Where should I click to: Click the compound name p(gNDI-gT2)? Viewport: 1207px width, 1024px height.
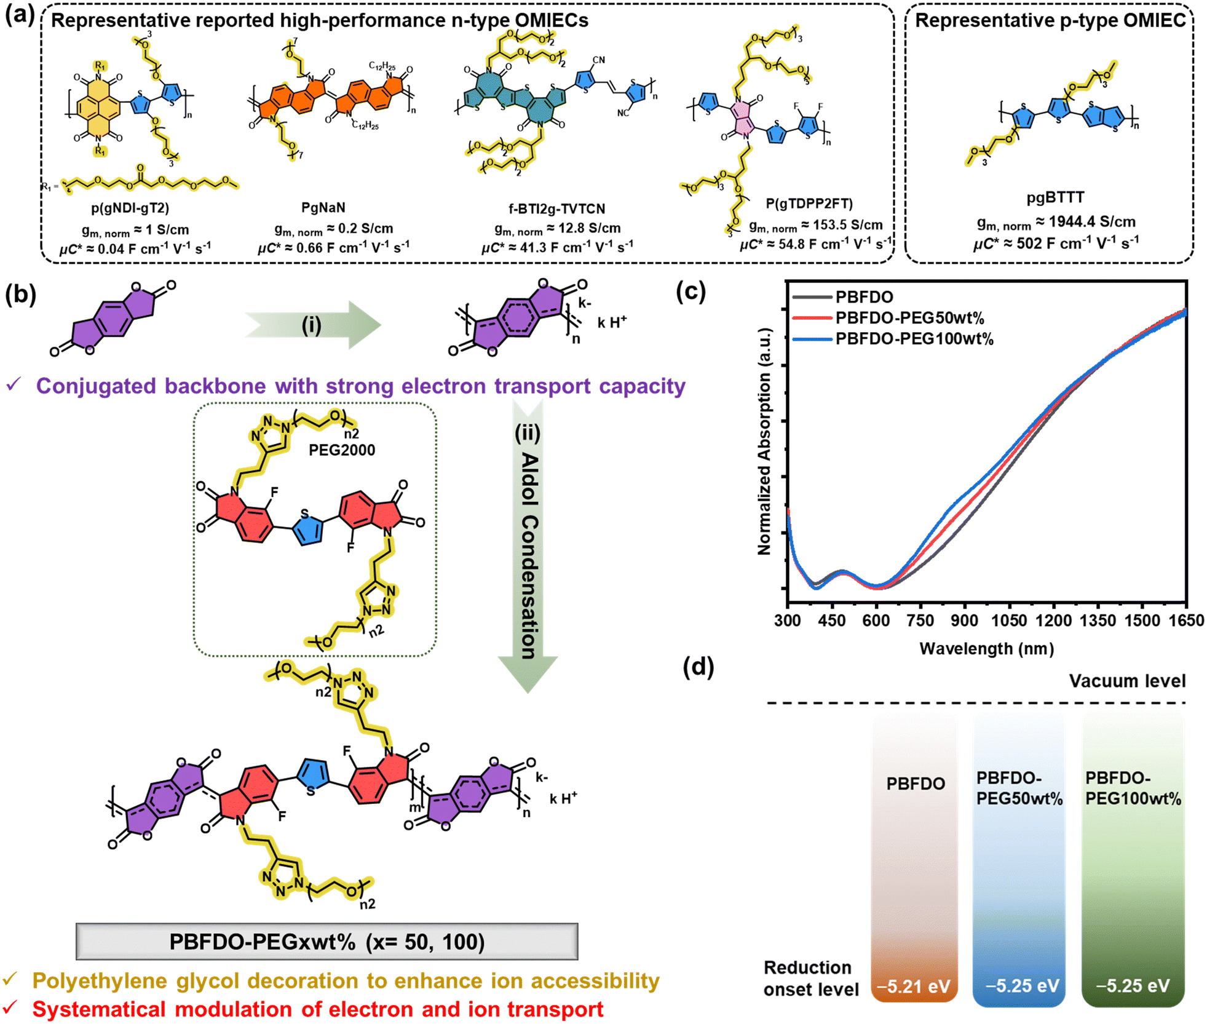[130, 208]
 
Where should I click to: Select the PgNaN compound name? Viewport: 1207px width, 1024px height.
[323, 207]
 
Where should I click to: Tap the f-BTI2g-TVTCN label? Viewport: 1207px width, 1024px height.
[556, 208]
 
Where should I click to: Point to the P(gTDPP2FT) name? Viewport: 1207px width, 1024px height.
[809, 203]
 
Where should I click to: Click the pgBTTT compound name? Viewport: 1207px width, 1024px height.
[1055, 197]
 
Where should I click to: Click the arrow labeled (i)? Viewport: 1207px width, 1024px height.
[312, 325]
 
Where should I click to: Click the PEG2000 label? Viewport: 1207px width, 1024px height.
[342, 450]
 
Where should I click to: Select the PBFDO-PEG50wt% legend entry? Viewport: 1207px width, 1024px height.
[909, 318]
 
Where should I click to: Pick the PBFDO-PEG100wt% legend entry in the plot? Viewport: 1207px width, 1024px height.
[914, 339]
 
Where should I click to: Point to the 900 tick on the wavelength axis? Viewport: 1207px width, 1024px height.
[964, 620]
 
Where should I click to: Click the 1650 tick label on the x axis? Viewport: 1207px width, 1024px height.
[1186, 620]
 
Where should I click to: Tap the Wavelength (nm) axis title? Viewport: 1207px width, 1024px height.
[986, 648]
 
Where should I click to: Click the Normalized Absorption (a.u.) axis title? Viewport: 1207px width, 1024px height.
[764, 442]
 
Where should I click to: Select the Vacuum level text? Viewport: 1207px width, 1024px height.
[1127, 681]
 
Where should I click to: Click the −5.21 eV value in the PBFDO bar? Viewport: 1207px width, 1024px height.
[914, 986]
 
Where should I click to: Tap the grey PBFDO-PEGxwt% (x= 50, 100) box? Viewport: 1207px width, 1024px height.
[326, 941]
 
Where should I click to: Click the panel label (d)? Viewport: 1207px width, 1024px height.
[698, 667]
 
